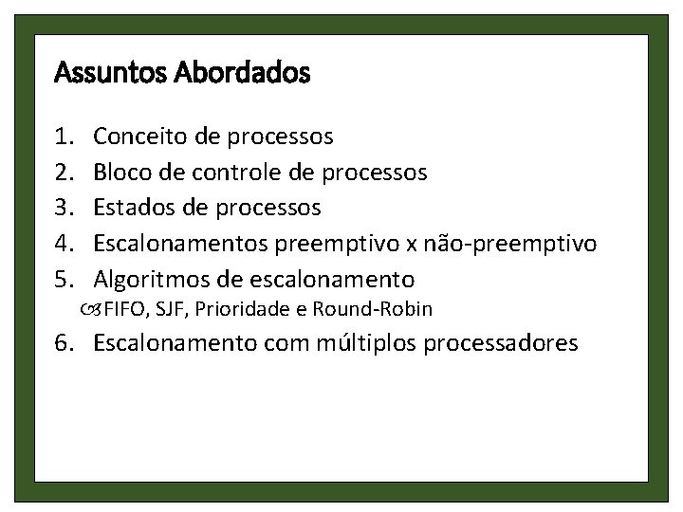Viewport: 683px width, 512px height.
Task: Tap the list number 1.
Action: (65, 137)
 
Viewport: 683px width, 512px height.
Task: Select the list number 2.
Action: (65, 173)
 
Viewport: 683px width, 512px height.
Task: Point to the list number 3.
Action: (65, 208)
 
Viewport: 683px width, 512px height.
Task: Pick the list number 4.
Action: (65, 244)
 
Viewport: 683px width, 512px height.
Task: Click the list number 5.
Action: (65, 280)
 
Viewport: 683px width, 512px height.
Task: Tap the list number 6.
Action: (65, 343)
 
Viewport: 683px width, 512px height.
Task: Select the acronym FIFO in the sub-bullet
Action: (122, 309)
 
